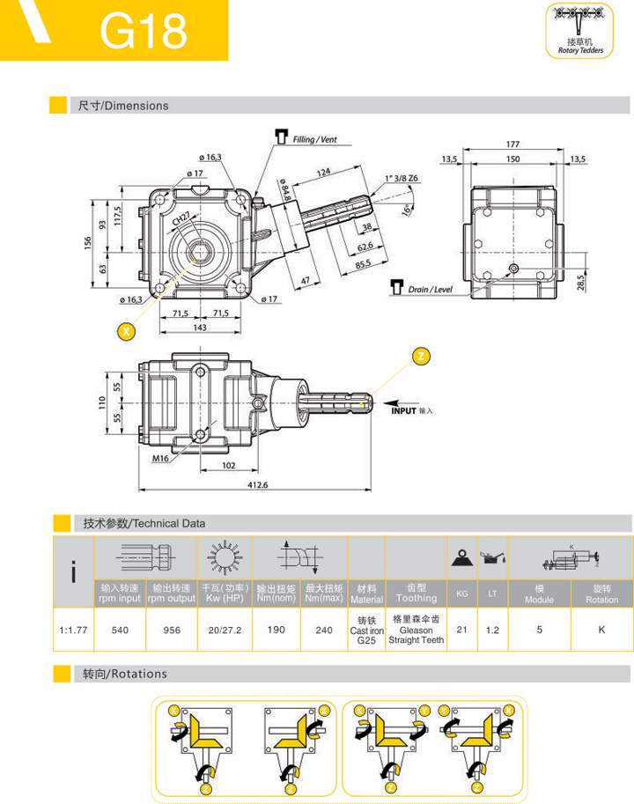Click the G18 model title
click(144, 32)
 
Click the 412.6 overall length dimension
click(256, 485)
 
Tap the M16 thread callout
click(159, 458)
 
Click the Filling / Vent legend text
click(314, 139)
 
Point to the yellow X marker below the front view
click(128, 332)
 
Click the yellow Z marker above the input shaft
click(422, 356)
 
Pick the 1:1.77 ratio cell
click(73, 630)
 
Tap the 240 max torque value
click(324, 630)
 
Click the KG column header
click(461, 594)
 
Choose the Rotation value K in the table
click(601, 630)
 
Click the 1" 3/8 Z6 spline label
click(402, 178)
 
